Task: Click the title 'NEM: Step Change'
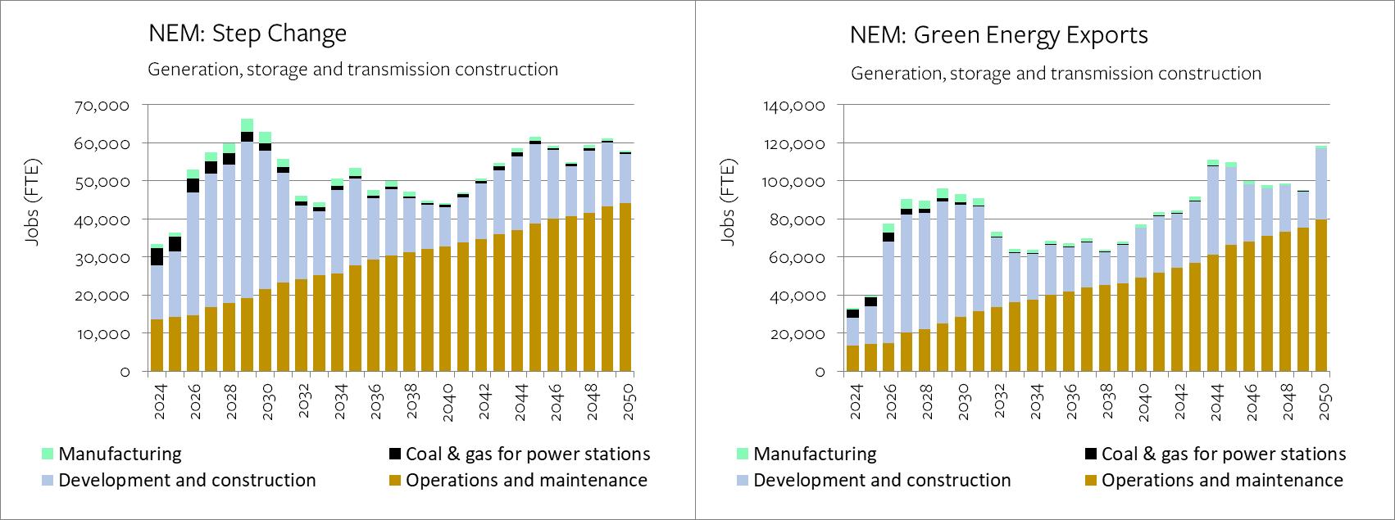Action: point(247,34)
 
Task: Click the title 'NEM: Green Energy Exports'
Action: point(998,35)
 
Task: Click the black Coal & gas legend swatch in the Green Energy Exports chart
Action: point(1091,454)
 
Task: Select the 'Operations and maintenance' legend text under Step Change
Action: point(526,481)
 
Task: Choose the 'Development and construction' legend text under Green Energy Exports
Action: point(882,481)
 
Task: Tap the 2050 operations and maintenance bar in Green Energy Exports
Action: point(1321,296)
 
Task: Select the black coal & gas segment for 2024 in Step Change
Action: point(157,257)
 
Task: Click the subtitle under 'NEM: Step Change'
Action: point(352,70)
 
